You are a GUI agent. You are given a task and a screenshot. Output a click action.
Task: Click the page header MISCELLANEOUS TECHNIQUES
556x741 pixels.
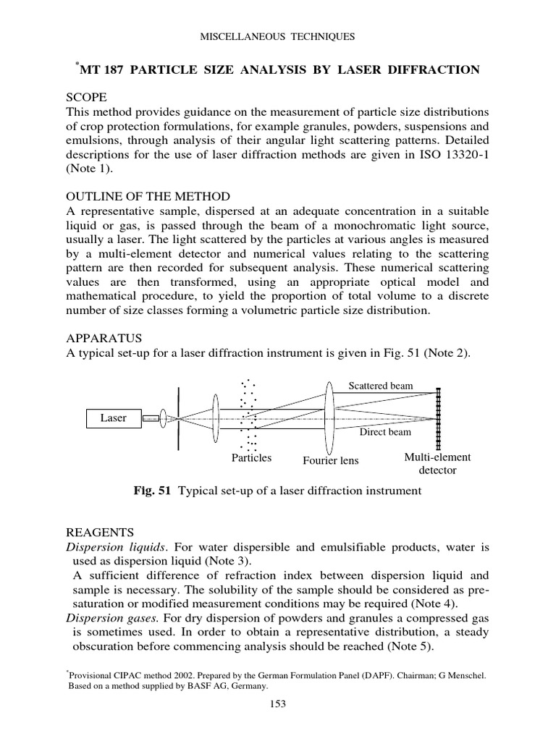pos(278,35)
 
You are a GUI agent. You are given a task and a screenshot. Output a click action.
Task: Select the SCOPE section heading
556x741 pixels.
pos(86,97)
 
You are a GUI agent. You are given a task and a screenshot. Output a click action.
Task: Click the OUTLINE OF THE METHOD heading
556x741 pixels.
pos(148,197)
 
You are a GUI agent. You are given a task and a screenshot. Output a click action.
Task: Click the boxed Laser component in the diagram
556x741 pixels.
pos(113,418)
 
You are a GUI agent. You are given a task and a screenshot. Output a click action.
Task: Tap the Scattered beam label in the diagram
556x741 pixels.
pos(381,386)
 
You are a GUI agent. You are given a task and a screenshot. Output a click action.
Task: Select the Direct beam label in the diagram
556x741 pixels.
pos(385,432)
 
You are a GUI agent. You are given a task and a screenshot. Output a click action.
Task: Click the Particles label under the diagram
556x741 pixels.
pos(251,458)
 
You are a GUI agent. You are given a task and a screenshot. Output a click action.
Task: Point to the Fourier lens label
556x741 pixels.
pos(330,460)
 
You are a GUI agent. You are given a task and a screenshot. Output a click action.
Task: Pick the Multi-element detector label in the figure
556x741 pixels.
pos(437,464)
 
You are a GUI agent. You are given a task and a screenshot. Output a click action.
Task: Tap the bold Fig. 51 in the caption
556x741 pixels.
pos(151,491)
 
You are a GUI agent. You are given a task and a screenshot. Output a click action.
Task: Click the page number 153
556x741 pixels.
pos(278,704)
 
